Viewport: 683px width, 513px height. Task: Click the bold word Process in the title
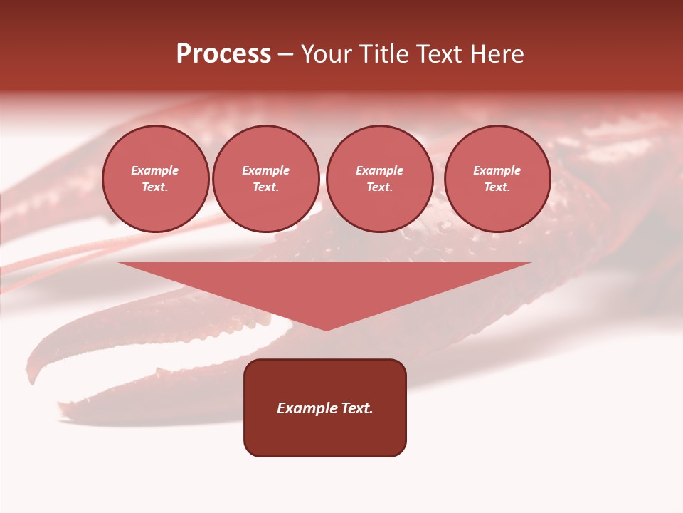[223, 54]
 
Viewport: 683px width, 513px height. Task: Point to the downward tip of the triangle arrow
[326, 328]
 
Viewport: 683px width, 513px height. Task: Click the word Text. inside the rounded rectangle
[356, 408]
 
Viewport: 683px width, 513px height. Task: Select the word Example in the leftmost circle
[155, 171]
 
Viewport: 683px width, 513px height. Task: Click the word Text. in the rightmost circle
[497, 187]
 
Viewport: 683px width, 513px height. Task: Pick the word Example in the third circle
[379, 171]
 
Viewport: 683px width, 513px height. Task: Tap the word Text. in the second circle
[265, 187]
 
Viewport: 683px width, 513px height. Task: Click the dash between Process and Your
[285, 54]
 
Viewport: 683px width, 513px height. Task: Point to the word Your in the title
[326, 54]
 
